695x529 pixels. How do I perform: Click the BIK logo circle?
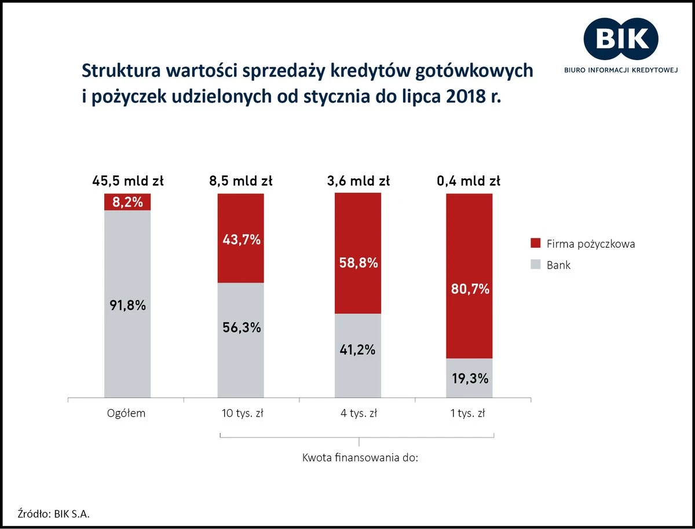(x=620, y=39)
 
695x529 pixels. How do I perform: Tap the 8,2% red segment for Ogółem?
(x=127, y=202)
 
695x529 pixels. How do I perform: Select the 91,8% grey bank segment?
(x=127, y=304)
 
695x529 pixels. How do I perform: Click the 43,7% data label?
(x=241, y=240)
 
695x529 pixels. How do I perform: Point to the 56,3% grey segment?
(x=241, y=340)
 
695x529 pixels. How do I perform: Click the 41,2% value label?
(x=359, y=350)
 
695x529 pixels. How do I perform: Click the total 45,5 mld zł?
(x=127, y=181)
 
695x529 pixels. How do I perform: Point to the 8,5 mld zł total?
(x=241, y=181)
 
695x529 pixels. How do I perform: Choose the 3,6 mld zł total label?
(x=359, y=181)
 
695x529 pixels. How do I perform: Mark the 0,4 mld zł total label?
(x=469, y=181)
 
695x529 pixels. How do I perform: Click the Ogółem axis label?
(x=126, y=414)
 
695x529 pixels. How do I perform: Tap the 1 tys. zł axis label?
(x=469, y=414)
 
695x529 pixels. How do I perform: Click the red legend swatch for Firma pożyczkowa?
(x=535, y=244)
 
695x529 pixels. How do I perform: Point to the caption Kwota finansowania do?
(x=360, y=458)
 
